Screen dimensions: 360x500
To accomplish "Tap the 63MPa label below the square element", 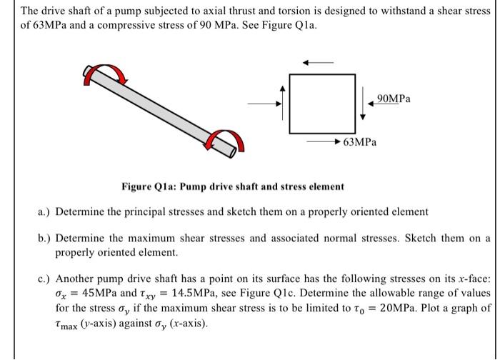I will click(x=359, y=142).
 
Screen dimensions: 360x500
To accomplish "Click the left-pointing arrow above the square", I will click(x=318, y=63).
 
